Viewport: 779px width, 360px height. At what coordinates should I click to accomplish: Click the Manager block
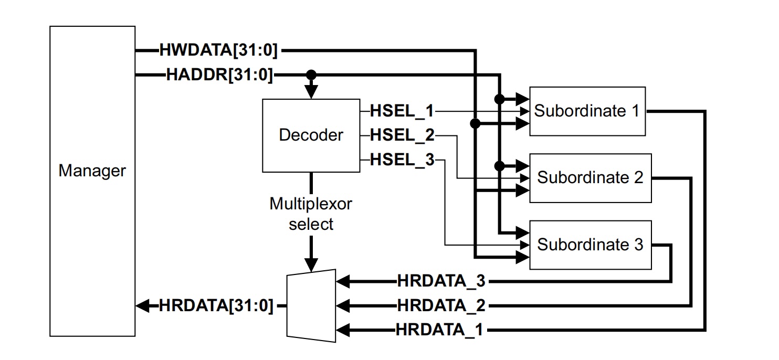tap(92, 181)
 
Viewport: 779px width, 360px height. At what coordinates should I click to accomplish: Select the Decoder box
tap(311, 135)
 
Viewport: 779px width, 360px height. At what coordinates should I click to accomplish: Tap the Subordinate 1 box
tap(587, 111)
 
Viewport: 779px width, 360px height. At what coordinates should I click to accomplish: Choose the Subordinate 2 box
tap(590, 178)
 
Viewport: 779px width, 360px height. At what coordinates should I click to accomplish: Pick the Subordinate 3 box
tap(590, 245)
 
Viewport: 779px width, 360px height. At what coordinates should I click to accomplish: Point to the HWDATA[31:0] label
tap(218, 51)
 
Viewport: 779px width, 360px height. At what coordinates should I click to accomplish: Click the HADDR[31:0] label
tap(219, 75)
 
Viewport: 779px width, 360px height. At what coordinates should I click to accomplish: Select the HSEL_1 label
tap(402, 111)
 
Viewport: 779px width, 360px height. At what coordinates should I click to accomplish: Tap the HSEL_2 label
tap(402, 135)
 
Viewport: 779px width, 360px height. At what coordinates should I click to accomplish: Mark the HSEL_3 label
tap(402, 160)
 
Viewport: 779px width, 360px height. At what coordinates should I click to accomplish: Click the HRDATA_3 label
tap(440, 281)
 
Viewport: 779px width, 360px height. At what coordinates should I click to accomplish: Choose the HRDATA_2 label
tap(440, 305)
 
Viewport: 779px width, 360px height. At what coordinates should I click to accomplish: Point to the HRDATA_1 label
tap(440, 330)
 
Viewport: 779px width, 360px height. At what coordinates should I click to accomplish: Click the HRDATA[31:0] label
tap(216, 305)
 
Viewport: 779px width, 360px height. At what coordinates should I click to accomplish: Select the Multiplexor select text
tap(311, 214)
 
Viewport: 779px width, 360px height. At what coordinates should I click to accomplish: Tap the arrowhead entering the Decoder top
tap(311, 92)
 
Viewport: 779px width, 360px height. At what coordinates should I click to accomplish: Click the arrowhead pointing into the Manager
tap(142, 305)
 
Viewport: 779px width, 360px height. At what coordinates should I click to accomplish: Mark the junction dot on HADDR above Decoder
tap(311, 75)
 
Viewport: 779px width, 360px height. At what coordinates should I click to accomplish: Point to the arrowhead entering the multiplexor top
tap(311, 264)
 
